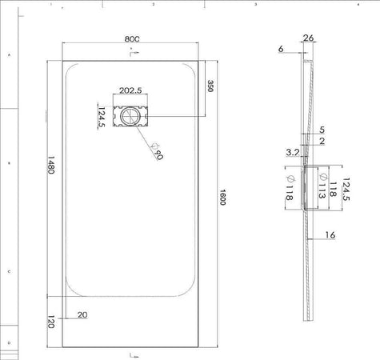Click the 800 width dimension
(x=132, y=38)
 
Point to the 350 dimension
(x=210, y=86)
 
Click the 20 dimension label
(x=82, y=315)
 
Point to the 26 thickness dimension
(x=309, y=38)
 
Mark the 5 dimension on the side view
(x=322, y=129)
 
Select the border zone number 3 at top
(x=254, y=5)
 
